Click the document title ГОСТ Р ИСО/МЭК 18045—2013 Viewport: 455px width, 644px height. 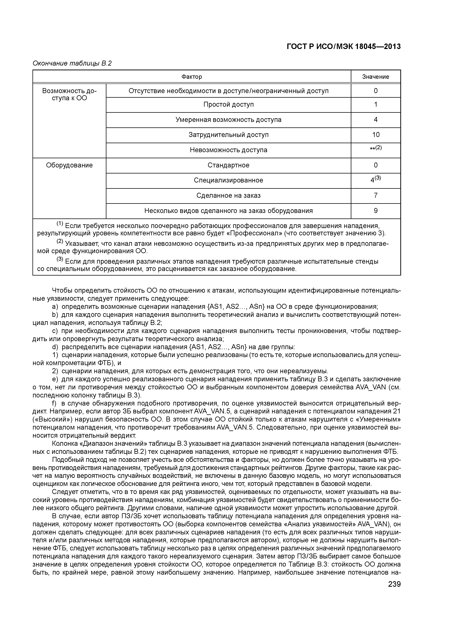point(344,47)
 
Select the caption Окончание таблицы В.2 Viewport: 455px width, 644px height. point(72,63)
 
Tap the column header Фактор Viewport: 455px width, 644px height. point(192,77)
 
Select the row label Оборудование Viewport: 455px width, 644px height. point(69,165)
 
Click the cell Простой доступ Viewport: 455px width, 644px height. point(228,105)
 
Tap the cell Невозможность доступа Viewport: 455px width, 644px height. point(228,150)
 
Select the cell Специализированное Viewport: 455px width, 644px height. point(228,180)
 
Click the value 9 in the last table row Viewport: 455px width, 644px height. point(376,211)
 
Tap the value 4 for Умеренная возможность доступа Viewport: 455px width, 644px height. point(376,120)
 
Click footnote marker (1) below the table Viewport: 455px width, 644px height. point(60,224)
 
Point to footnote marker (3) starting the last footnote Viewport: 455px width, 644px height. point(60,259)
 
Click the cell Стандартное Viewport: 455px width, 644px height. point(228,165)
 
